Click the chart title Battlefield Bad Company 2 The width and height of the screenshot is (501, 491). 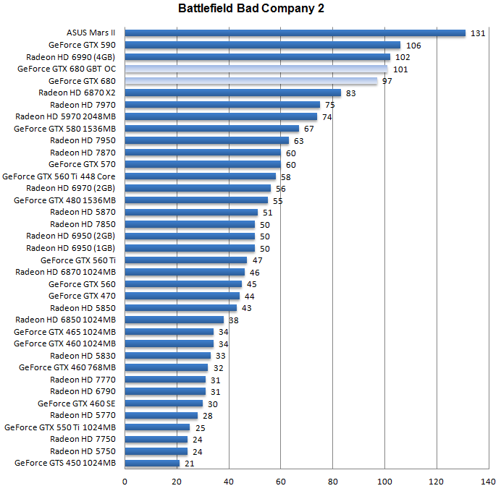click(250, 9)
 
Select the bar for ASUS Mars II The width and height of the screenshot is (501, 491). click(295, 33)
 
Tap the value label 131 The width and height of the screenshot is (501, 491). click(477, 33)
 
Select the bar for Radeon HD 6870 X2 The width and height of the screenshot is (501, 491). click(232, 93)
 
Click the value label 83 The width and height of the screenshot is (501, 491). click(350, 93)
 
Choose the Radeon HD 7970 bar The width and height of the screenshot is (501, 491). click(222, 105)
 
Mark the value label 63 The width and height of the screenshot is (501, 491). click(298, 141)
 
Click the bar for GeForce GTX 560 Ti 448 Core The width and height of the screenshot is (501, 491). click(200, 176)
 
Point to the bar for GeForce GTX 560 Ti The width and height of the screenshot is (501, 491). click(185, 260)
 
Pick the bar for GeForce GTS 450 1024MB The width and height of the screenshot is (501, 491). click(152, 464)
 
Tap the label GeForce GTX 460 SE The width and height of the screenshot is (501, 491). click(76, 404)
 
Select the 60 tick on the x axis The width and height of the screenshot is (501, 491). click(280, 480)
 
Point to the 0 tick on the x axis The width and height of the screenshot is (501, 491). click(125, 480)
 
